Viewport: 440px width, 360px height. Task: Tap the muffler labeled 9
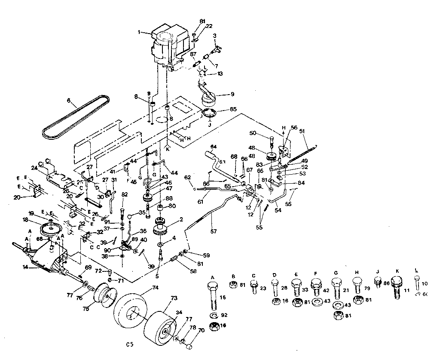[210, 98]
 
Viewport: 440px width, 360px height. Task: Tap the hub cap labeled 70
[189, 344]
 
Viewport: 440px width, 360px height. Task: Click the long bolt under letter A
[213, 296]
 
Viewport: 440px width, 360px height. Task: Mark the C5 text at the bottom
[130, 344]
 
